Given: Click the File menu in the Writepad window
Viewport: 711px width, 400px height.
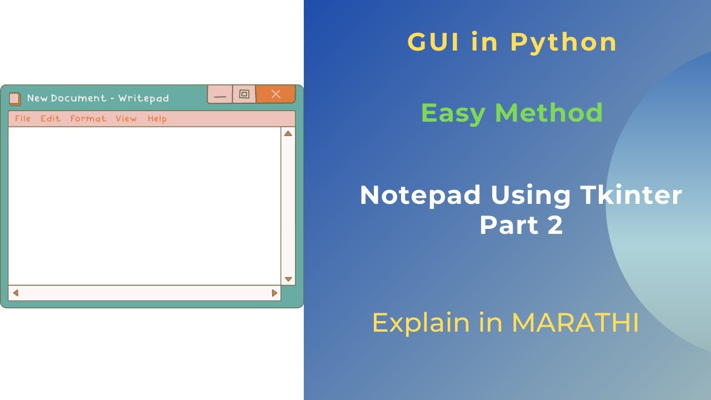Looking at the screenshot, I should [x=23, y=118].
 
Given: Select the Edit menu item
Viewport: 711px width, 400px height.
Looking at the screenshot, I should [x=51, y=118].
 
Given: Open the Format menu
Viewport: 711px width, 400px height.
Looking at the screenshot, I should [x=88, y=118].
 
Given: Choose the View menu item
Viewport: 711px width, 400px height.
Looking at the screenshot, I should [x=126, y=118].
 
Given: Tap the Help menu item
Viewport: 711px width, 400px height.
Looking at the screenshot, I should [x=157, y=118].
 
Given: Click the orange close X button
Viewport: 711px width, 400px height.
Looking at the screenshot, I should [x=276, y=94].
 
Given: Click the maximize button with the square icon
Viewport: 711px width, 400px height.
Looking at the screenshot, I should [x=244, y=94].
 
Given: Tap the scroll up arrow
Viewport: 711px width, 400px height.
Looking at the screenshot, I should [x=288, y=133].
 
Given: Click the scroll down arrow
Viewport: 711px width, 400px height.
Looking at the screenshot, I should [x=288, y=279].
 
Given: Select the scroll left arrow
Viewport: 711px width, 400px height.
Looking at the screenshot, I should [x=16, y=293].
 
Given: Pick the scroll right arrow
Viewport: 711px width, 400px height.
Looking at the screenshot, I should [x=274, y=293].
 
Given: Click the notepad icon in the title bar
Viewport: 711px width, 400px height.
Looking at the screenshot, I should [x=15, y=98].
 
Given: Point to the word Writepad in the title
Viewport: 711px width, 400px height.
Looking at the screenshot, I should [x=143, y=98].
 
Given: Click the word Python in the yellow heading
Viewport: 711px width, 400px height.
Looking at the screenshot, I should [x=563, y=42].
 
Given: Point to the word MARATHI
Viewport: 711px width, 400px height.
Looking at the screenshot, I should [x=575, y=323].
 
